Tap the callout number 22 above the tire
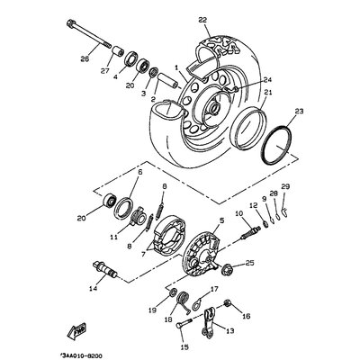coord(202,20)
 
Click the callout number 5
coord(221,220)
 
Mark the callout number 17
coord(214,290)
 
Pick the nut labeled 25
coord(251,265)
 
